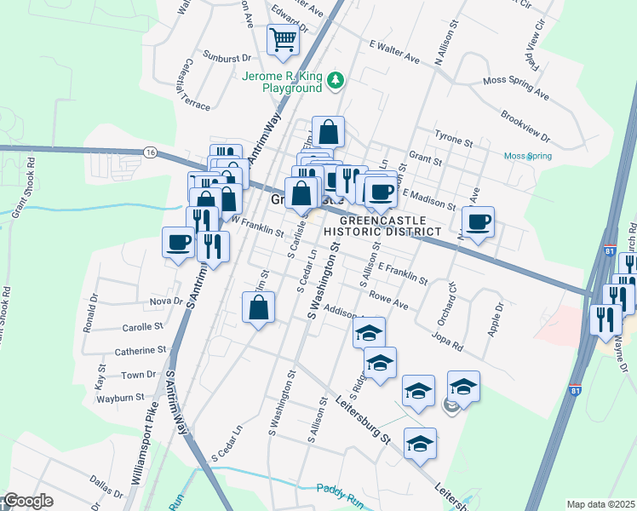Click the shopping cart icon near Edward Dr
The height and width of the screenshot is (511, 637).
click(x=284, y=38)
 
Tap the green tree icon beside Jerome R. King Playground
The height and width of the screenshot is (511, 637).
click(x=336, y=81)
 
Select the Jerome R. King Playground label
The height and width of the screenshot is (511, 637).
click(x=282, y=81)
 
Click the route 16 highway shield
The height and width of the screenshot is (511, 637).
click(x=150, y=152)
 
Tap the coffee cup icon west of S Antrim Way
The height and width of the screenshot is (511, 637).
click(x=178, y=243)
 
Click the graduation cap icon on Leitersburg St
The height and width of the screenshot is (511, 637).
click(x=420, y=445)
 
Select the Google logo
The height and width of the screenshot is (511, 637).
click(x=27, y=502)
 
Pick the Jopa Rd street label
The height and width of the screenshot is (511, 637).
click(x=446, y=341)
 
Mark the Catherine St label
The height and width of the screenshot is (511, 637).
click(x=141, y=350)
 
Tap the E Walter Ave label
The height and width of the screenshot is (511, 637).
click(x=395, y=52)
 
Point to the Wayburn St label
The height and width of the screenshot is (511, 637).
click(x=120, y=398)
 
